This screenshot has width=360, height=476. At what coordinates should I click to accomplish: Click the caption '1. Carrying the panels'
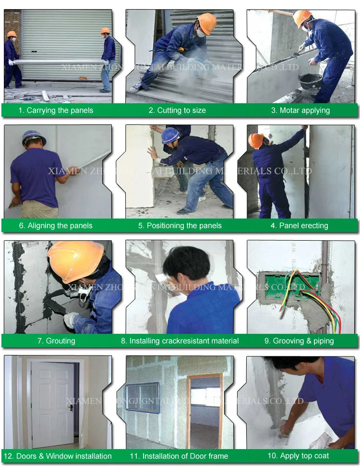click(x=56, y=110)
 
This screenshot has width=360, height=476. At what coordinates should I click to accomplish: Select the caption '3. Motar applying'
click(x=300, y=110)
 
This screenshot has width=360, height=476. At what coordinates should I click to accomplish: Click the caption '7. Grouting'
click(x=56, y=341)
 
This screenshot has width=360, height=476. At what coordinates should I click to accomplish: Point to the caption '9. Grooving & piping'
click(x=299, y=341)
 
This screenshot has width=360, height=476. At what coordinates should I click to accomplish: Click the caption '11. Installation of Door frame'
click(x=179, y=456)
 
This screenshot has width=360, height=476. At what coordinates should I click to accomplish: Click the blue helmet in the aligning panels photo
click(x=34, y=138)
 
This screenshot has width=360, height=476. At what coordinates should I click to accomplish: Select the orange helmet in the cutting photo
click(x=207, y=23)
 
